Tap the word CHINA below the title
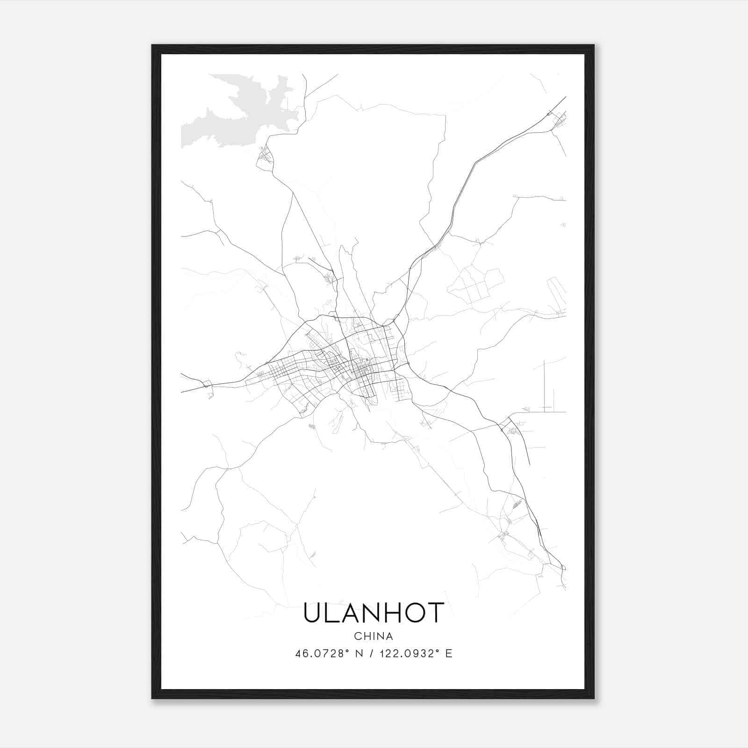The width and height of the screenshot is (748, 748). pyautogui.click(x=373, y=636)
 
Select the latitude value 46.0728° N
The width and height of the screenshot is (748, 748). pyautogui.click(x=329, y=654)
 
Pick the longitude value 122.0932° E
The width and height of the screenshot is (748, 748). pyautogui.click(x=416, y=654)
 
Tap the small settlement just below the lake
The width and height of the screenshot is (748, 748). pyautogui.click(x=265, y=156)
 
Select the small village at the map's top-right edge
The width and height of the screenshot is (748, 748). pyautogui.click(x=559, y=122)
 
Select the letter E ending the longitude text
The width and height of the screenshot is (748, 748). pyautogui.click(x=449, y=654)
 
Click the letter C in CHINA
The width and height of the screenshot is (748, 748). pyautogui.click(x=357, y=636)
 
